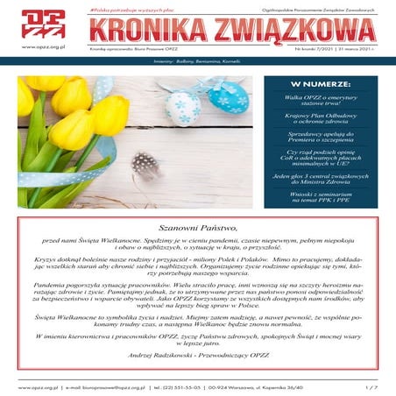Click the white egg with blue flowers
pos(185,107)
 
